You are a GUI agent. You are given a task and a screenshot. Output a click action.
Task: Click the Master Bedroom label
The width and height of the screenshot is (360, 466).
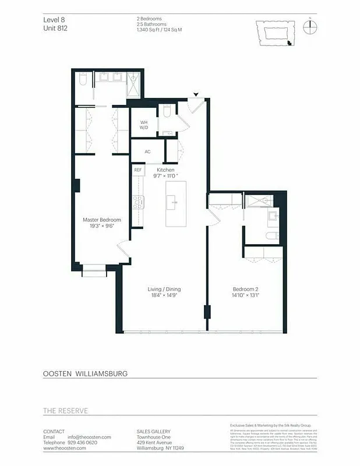(x=101, y=220)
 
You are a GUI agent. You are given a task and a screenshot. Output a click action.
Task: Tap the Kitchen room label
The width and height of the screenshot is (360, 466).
(x=165, y=170)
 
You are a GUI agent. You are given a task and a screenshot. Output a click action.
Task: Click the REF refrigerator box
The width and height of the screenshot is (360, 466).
(x=138, y=170)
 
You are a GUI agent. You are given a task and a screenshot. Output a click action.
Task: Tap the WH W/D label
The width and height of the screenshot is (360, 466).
(x=143, y=124)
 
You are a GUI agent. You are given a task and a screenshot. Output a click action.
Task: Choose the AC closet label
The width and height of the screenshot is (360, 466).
(x=147, y=151)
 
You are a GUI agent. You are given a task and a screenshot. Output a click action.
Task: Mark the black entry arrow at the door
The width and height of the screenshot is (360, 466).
(x=196, y=94)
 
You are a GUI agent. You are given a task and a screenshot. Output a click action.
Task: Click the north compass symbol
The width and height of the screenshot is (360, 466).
(x=310, y=28)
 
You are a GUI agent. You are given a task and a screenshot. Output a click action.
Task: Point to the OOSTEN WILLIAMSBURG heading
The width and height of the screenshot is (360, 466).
(x=85, y=373)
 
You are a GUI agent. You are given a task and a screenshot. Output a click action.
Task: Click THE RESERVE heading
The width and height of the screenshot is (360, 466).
(x=65, y=411)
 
